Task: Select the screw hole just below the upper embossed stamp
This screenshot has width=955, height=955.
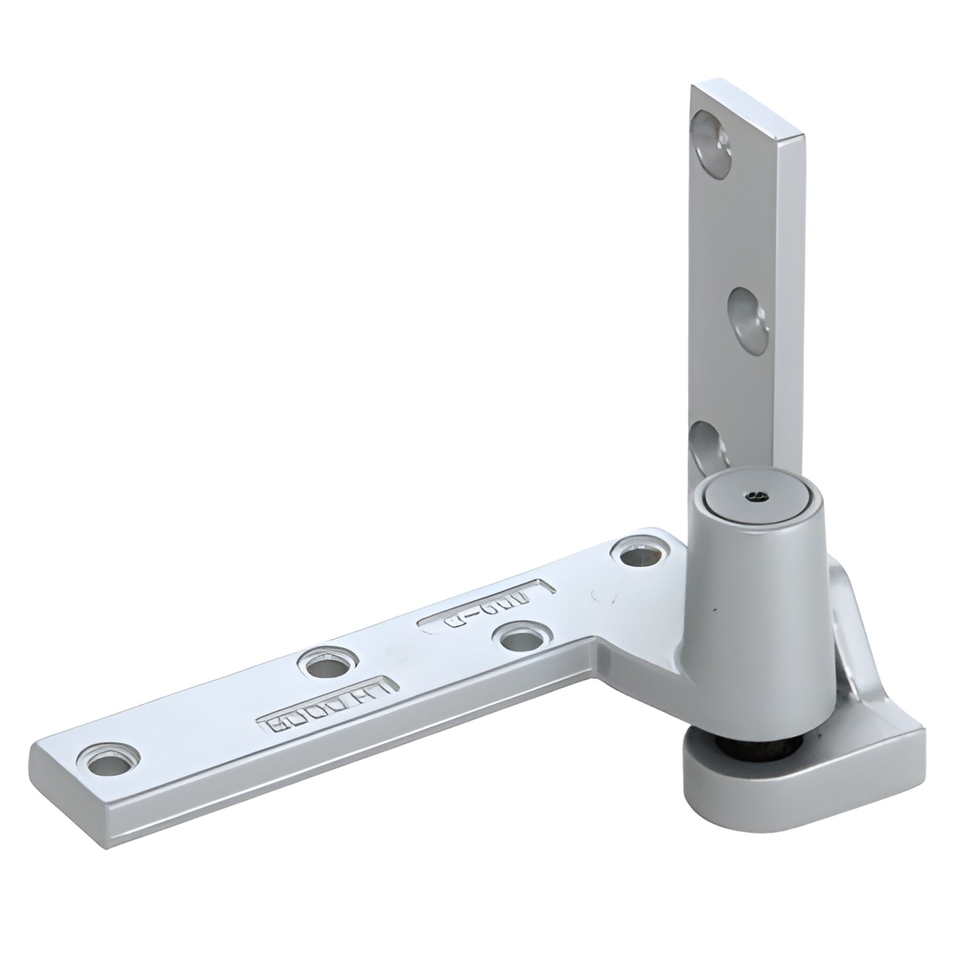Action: coord(521,638)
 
